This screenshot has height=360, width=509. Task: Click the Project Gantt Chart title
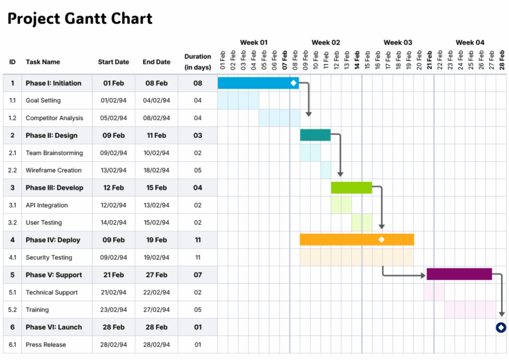tap(80, 19)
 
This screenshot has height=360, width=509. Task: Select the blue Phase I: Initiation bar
tap(255, 83)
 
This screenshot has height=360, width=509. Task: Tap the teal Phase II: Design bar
tap(315, 135)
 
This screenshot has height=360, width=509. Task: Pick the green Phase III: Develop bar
tap(351, 188)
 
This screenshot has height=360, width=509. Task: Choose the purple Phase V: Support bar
tap(459, 274)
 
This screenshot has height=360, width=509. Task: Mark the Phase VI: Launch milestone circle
tap(501, 327)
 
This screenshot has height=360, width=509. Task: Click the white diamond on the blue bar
tap(294, 83)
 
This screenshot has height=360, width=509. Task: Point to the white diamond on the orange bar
tap(382, 239)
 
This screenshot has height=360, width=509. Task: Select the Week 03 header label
tap(398, 42)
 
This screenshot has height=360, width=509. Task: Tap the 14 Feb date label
tap(357, 61)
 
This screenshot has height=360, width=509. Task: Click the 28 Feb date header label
tap(502, 61)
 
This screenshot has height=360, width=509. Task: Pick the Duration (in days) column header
tap(198, 62)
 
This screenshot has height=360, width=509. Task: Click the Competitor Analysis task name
tap(54, 118)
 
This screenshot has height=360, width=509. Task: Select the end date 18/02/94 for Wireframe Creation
tap(156, 170)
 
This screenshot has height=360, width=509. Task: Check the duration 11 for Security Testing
tap(198, 257)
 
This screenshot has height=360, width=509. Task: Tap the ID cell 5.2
tap(13, 310)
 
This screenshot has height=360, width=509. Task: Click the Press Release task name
tap(46, 345)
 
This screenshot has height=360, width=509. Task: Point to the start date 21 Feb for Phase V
tap(113, 274)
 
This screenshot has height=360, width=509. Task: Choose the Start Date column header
tap(113, 62)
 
